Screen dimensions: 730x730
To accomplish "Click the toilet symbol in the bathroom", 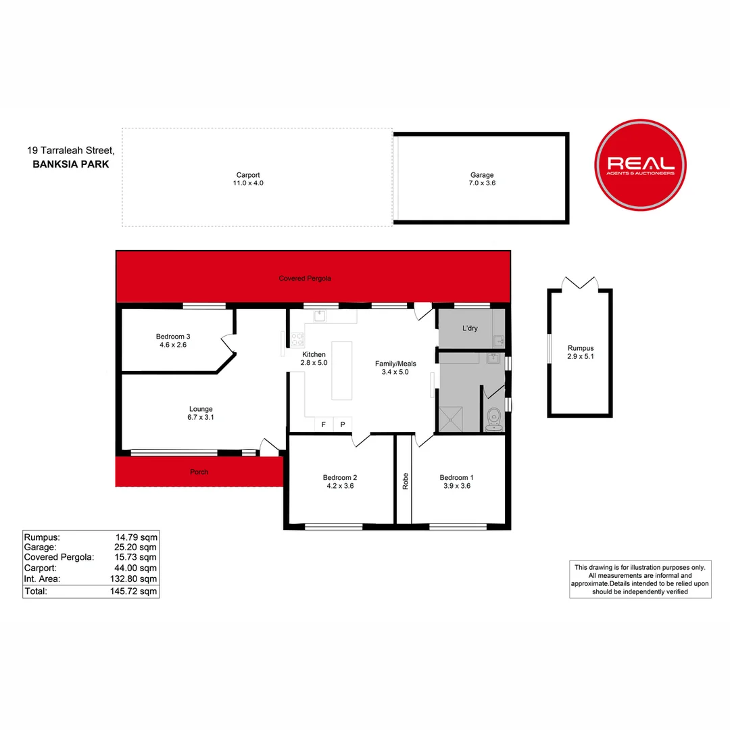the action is point(493,420).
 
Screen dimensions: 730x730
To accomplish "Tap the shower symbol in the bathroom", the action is point(451,419).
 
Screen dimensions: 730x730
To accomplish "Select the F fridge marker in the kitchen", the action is point(324,424).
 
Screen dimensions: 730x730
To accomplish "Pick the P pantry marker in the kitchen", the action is point(343,424).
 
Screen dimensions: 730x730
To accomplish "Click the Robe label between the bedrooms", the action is point(405,481).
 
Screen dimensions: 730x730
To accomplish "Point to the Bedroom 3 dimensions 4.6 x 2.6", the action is point(173,345).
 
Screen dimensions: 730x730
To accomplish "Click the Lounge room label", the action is point(201,409).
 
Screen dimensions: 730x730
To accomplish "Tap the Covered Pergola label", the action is point(305,278).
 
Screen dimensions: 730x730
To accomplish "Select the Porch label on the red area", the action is point(199,472).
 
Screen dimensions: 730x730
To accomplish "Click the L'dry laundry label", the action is point(470,328).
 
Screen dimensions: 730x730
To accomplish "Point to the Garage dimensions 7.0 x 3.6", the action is point(482,183).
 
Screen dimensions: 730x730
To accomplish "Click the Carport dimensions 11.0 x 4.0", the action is point(248,183).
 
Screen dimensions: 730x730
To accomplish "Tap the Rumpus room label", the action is point(581,348).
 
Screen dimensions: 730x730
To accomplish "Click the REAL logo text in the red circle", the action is point(641,163).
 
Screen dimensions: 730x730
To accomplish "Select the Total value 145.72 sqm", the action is point(134,591).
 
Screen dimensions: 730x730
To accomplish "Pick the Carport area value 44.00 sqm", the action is point(135,568).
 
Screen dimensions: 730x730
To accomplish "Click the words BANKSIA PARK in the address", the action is point(71,164).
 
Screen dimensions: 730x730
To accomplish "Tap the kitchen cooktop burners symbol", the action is point(297,339).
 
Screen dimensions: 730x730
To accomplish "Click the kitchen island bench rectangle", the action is point(342,370).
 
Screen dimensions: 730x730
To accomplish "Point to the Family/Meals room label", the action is point(395,364).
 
